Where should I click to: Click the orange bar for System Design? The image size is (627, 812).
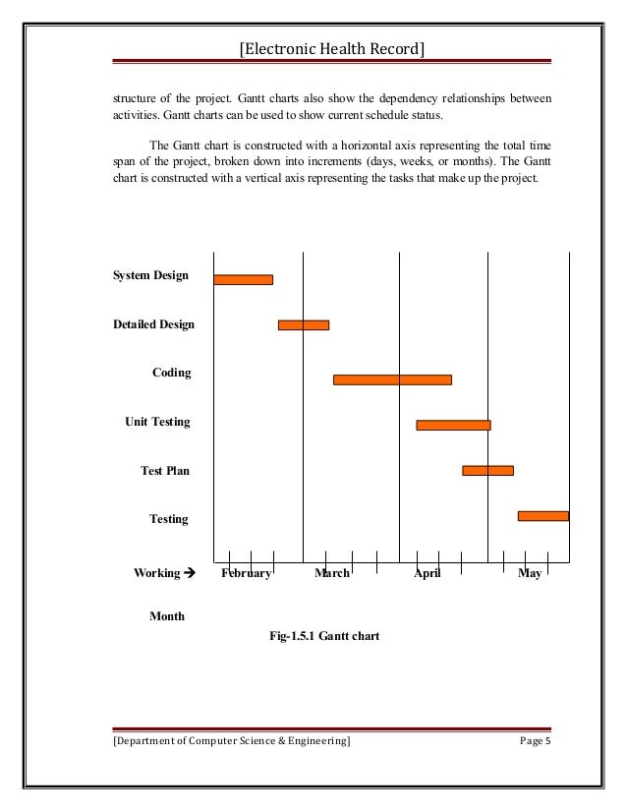[x=243, y=279]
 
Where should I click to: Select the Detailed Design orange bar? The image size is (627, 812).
[x=303, y=324]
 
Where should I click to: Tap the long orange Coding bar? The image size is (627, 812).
[x=392, y=379]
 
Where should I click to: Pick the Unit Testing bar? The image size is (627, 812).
[x=453, y=425]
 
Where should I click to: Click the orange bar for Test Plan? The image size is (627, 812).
[x=487, y=470]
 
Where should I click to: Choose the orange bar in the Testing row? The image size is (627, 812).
[x=542, y=515]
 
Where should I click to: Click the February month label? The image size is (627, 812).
[x=246, y=573]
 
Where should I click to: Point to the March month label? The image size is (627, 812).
[x=332, y=573]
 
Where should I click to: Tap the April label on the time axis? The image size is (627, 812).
[x=427, y=573]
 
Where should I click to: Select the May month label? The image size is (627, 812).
[x=530, y=573]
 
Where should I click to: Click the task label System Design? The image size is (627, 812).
[x=150, y=275]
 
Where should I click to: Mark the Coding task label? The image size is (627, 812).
[x=171, y=373]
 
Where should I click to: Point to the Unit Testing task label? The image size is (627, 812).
[x=157, y=422]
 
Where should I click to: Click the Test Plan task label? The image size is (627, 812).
[x=164, y=471]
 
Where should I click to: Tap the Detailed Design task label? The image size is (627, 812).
[x=153, y=324]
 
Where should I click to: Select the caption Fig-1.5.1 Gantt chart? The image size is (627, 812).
[x=324, y=636]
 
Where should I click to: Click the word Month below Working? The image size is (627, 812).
[x=167, y=616]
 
